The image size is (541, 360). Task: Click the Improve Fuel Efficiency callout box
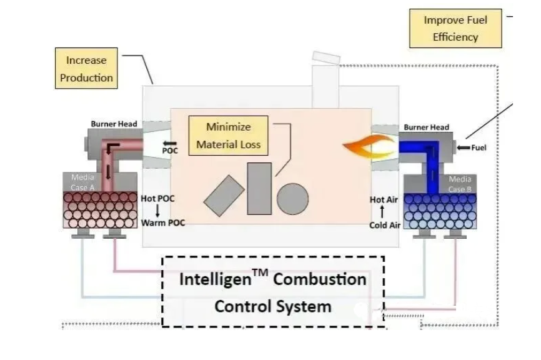pos(455,29)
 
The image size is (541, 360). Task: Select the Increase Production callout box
pos(87,69)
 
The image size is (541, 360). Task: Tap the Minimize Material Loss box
pos(228,136)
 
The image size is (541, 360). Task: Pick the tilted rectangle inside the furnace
pos(224,196)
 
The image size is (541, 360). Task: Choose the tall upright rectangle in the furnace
pos(259,188)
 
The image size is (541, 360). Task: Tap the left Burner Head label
pos(114,124)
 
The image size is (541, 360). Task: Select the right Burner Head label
pos(426,127)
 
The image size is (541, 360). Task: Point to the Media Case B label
pos(460,184)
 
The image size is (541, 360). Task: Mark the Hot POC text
pos(158,199)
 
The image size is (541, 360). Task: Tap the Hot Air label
pos(384,200)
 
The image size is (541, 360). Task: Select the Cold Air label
pos(385,225)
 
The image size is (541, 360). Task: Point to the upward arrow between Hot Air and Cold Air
pos(382,212)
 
